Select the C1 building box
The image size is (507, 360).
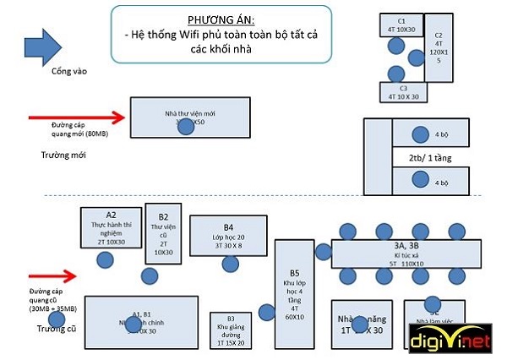click(402, 25)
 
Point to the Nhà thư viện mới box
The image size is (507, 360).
click(190, 117)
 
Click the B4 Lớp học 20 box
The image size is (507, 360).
click(229, 236)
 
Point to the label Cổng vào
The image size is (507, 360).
click(68, 71)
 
